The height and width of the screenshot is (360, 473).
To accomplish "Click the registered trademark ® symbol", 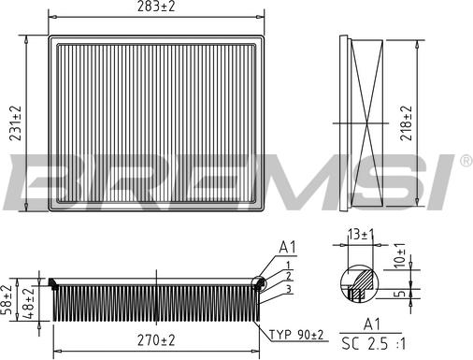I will pos(465,162).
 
